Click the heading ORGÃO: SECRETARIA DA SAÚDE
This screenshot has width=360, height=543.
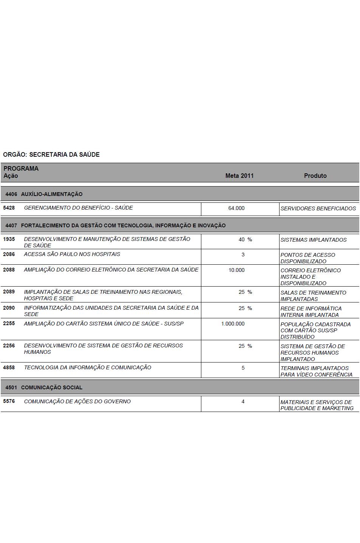tap(51, 154)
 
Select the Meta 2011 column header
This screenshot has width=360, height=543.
tap(239, 176)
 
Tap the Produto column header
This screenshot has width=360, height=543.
tap(315, 176)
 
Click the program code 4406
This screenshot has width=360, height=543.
tap(11, 194)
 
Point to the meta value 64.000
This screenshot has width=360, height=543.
tap(236, 208)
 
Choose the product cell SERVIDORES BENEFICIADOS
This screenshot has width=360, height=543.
tap(318, 208)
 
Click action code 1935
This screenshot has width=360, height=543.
tap(9, 239)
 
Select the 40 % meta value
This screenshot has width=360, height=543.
tap(245, 239)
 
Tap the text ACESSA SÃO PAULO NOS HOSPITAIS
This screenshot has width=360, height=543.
tap(72, 254)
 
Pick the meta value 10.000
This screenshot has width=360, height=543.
tap(236, 270)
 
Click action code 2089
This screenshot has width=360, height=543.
tap(9, 292)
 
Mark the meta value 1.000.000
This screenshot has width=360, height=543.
tap(233, 324)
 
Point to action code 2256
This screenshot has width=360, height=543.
tap(9, 346)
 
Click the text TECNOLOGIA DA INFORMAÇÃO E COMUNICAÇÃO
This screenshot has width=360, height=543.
tap(88, 367)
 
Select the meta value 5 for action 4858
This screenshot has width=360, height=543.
tap(243, 368)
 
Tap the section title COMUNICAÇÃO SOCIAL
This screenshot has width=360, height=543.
tap(52, 387)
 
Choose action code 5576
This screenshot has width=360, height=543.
tap(9, 401)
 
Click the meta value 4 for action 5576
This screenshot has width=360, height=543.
tap(243, 401)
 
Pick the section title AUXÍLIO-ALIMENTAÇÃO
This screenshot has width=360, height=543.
tap(52, 194)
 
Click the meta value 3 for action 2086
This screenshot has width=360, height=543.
tap(243, 255)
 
